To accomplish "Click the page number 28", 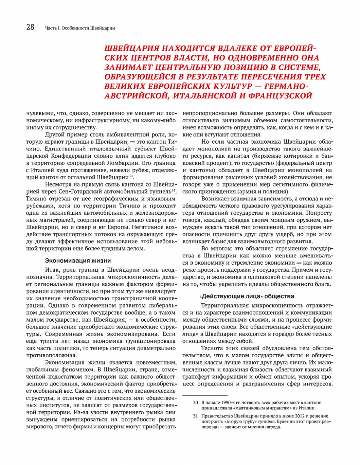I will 30,28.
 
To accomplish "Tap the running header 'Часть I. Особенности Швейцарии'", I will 80,28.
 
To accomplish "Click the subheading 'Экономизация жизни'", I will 78,261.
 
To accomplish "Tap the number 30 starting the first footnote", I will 196,403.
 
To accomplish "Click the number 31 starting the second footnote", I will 196,416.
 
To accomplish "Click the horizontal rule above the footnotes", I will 205,395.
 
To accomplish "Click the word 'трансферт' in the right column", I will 197,377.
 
